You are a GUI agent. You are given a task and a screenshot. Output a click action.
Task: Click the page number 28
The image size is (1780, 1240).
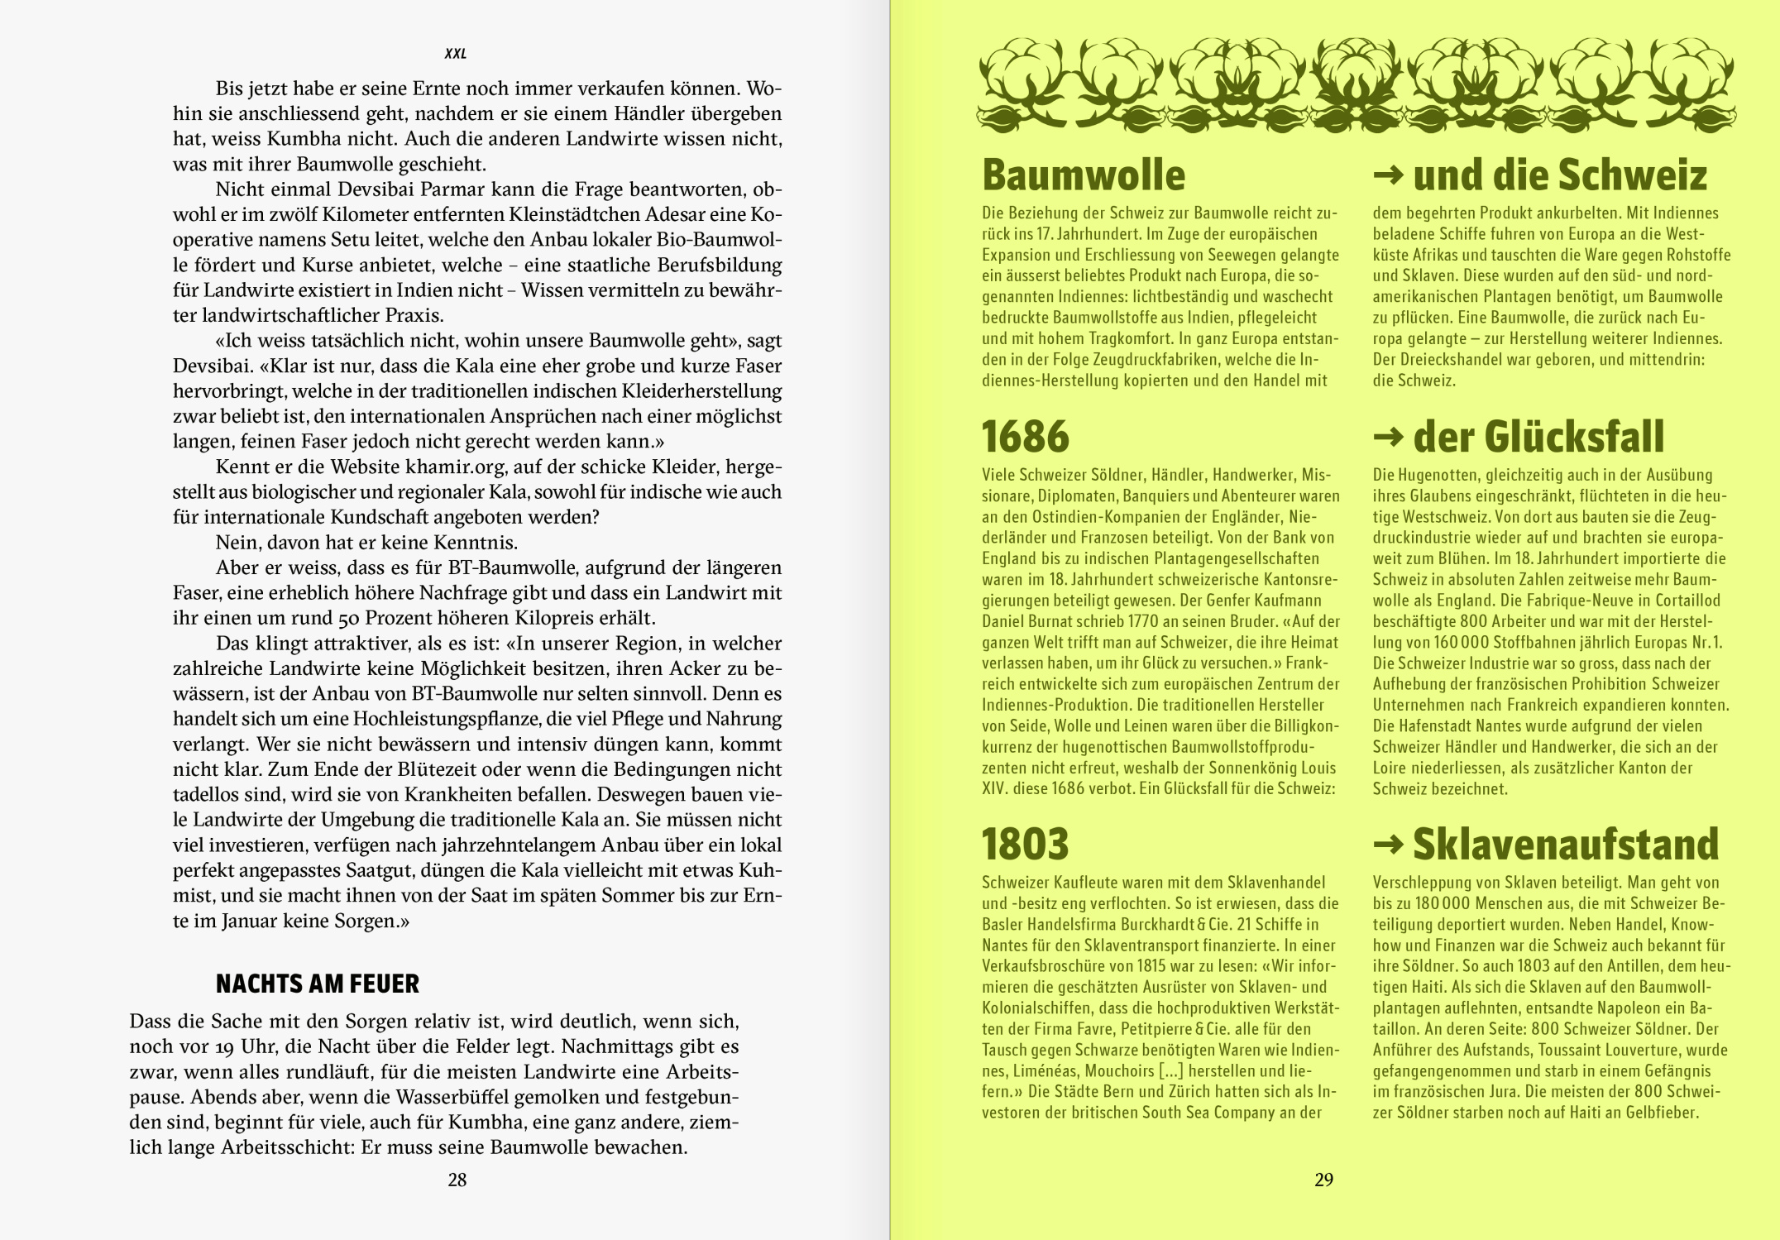click(457, 1180)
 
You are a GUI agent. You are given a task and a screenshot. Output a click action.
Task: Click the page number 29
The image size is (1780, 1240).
click(1323, 1180)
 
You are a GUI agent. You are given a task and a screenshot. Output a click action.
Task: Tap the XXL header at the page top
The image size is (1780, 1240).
click(456, 54)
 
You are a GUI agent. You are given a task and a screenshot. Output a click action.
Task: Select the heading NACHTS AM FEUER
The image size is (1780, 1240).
click(317, 984)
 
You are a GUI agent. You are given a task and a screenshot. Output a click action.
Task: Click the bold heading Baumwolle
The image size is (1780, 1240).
click(1084, 175)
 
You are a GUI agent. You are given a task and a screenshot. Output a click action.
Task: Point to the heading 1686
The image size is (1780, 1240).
click(1026, 437)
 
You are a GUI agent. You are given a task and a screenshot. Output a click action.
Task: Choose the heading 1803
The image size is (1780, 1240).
click(1026, 844)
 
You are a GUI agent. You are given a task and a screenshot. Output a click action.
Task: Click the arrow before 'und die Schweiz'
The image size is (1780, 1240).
click(1388, 175)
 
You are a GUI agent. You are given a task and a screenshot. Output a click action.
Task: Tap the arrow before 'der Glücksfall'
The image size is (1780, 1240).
click(1388, 437)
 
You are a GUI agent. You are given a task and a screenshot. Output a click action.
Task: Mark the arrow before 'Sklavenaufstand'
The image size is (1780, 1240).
click(1388, 844)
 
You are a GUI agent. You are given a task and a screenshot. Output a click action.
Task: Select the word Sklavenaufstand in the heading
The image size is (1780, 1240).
click(1565, 844)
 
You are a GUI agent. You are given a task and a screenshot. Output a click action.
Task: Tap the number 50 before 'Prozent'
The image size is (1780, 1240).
click(349, 619)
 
